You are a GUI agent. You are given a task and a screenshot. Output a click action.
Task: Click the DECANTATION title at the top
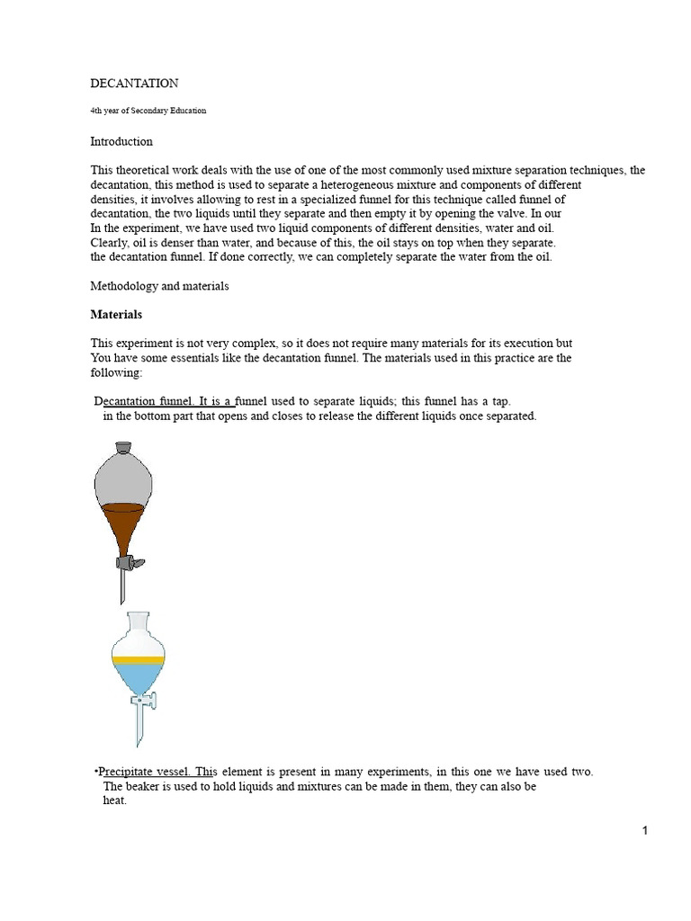(134, 84)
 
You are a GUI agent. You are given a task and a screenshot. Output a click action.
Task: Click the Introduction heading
(121, 141)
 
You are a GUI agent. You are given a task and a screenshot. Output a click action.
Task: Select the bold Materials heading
(116, 315)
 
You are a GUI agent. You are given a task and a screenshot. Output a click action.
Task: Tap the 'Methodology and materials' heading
(159, 286)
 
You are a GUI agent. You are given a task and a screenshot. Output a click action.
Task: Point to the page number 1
(645, 831)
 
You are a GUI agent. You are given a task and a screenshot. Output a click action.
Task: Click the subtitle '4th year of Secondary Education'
(148, 111)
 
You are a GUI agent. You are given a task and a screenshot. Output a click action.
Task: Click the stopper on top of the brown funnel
(122, 447)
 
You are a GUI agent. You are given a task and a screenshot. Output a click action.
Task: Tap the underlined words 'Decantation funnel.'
(144, 401)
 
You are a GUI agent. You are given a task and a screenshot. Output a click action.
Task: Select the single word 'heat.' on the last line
(114, 800)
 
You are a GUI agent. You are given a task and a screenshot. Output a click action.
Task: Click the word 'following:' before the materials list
(116, 372)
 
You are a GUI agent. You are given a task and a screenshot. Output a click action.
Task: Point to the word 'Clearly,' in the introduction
(111, 243)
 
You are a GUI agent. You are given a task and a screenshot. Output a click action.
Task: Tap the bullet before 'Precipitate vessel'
(95, 772)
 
